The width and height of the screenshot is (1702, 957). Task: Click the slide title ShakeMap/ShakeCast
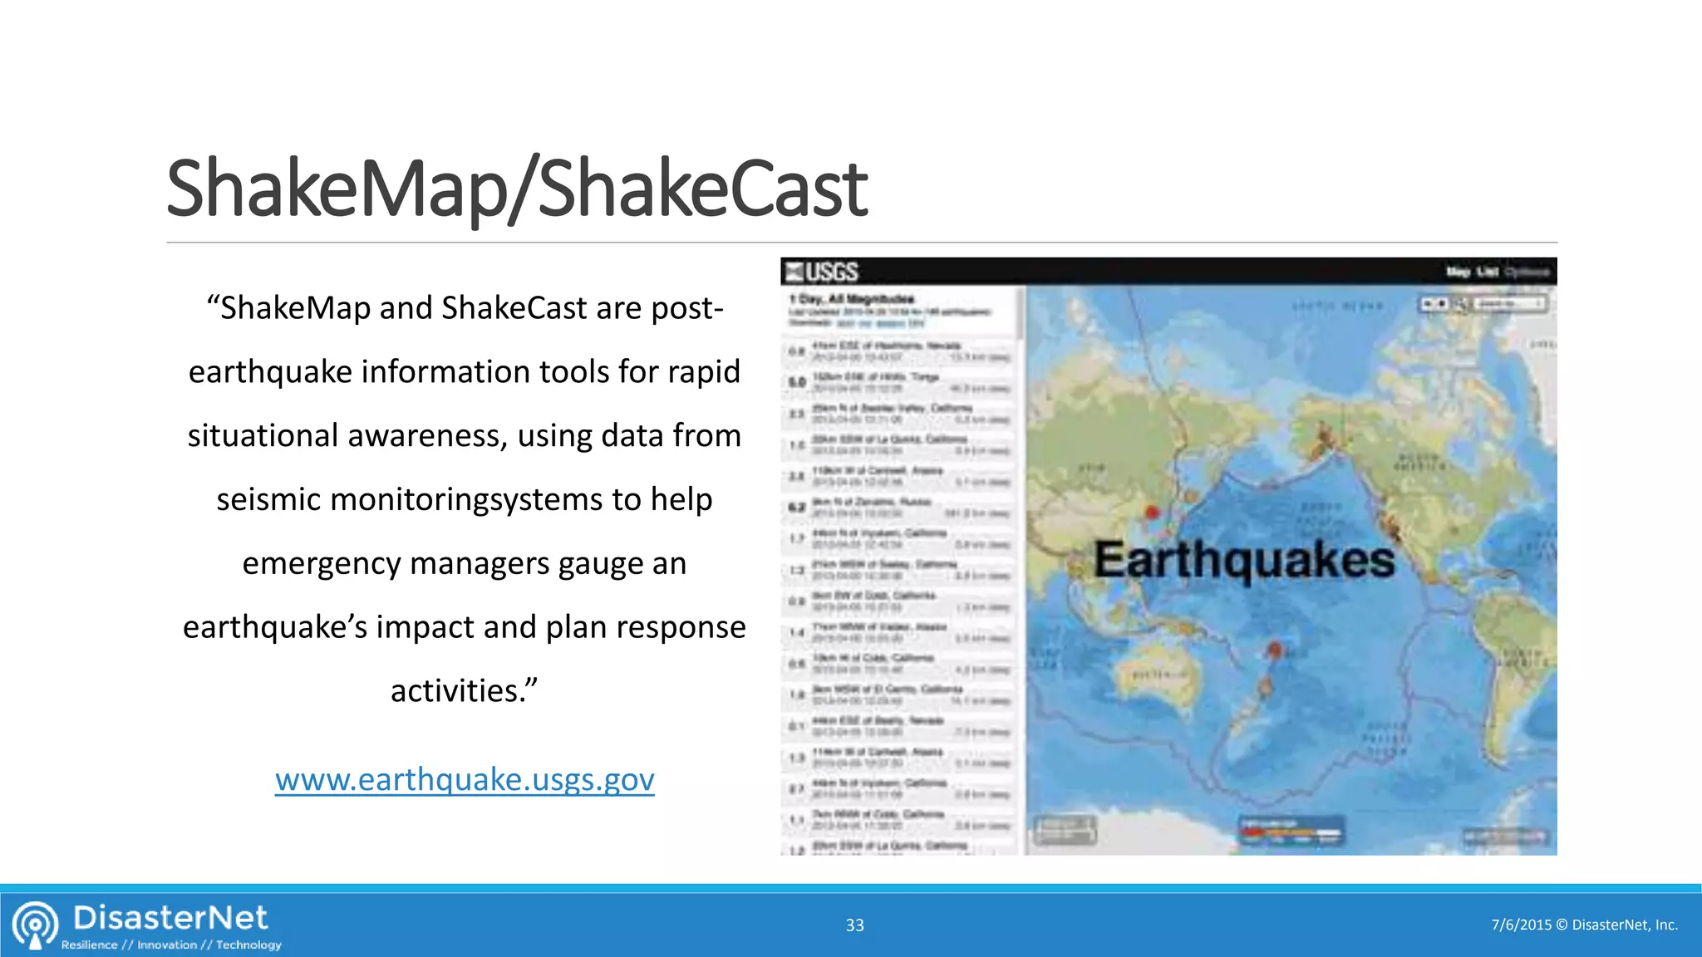click(x=516, y=189)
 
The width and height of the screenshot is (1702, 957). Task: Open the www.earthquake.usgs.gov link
click(x=465, y=779)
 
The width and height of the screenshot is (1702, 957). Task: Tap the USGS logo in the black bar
click(x=822, y=272)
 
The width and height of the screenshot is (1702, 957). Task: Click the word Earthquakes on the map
click(x=1243, y=559)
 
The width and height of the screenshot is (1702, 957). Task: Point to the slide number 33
click(x=854, y=925)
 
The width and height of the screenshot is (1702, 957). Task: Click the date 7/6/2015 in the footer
click(x=1521, y=925)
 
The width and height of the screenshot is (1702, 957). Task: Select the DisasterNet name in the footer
click(x=170, y=918)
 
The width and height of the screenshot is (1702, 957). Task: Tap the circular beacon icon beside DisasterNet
click(x=35, y=924)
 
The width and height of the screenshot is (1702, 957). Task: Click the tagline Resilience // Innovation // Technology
click(x=171, y=945)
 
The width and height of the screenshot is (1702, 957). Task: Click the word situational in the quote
click(x=263, y=435)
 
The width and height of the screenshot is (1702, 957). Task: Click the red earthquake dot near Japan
click(x=1152, y=512)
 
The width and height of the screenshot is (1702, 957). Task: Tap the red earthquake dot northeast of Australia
click(x=1275, y=649)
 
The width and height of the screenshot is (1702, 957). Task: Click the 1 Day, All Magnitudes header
click(x=852, y=299)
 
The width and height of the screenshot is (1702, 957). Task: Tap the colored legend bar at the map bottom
click(x=1290, y=832)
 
